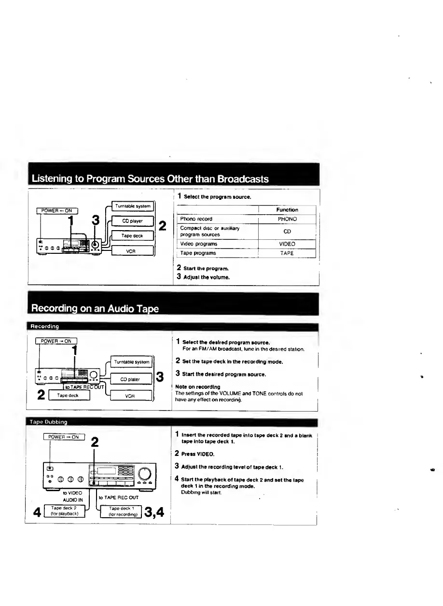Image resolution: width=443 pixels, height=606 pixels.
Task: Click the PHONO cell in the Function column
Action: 288,219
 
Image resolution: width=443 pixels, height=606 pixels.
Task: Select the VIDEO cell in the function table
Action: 288,244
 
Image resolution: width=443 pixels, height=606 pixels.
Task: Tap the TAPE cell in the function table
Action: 288,253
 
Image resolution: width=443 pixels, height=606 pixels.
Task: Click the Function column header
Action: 288,210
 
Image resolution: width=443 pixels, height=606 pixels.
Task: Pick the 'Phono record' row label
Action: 196,219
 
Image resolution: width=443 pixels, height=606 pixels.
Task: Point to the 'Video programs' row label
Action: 199,244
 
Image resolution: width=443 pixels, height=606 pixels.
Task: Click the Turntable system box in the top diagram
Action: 132,206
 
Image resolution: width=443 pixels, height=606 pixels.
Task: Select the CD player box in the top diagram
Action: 132,221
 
